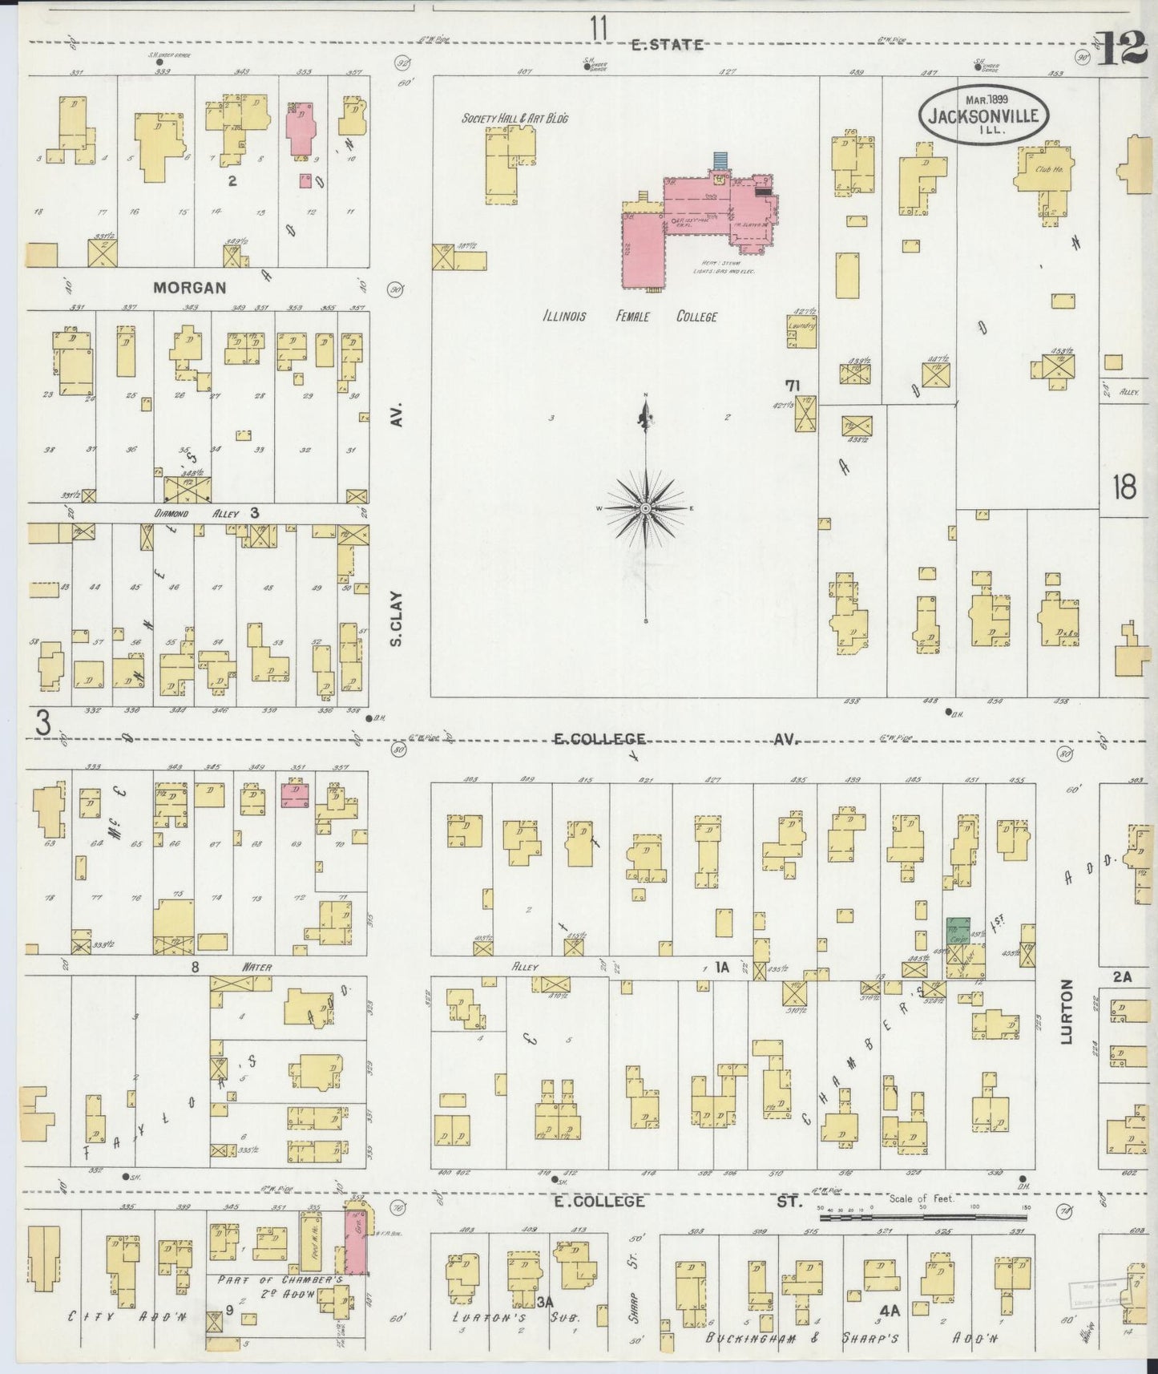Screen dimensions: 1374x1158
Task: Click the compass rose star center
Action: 645,509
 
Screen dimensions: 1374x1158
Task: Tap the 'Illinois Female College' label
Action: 628,317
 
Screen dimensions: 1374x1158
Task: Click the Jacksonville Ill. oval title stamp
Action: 982,115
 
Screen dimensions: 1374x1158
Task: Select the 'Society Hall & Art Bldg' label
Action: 514,119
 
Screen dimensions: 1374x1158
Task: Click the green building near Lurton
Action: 957,932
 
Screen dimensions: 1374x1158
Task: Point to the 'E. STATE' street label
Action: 666,45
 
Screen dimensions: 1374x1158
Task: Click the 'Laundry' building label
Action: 801,328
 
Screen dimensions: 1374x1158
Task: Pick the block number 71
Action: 793,386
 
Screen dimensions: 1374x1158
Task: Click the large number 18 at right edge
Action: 1124,487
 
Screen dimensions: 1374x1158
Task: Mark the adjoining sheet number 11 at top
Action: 598,29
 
